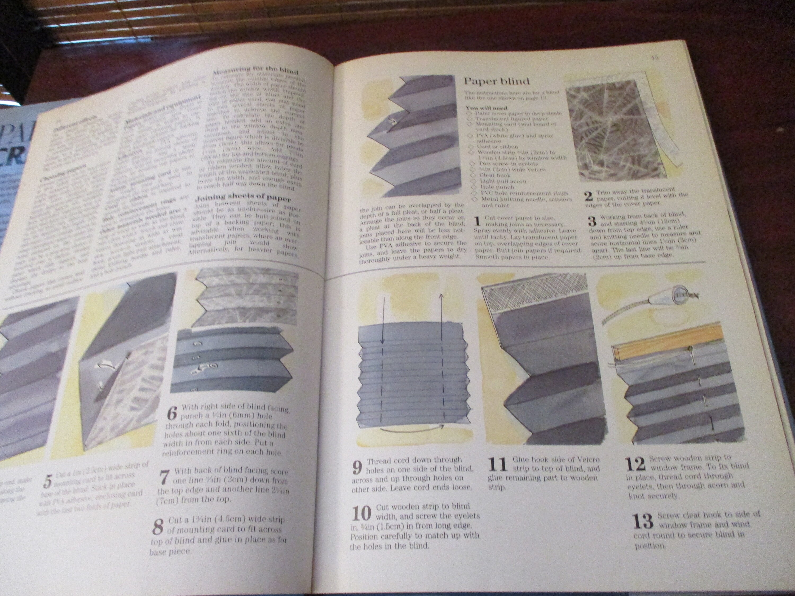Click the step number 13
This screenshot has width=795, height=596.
[x=643, y=521]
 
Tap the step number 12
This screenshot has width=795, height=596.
[x=635, y=464]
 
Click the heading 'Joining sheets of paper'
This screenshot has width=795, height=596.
[x=242, y=198]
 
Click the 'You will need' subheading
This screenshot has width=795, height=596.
[x=486, y=108]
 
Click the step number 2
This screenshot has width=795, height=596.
[x=588, y=197]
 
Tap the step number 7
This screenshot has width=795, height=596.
[x=164, y=478]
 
